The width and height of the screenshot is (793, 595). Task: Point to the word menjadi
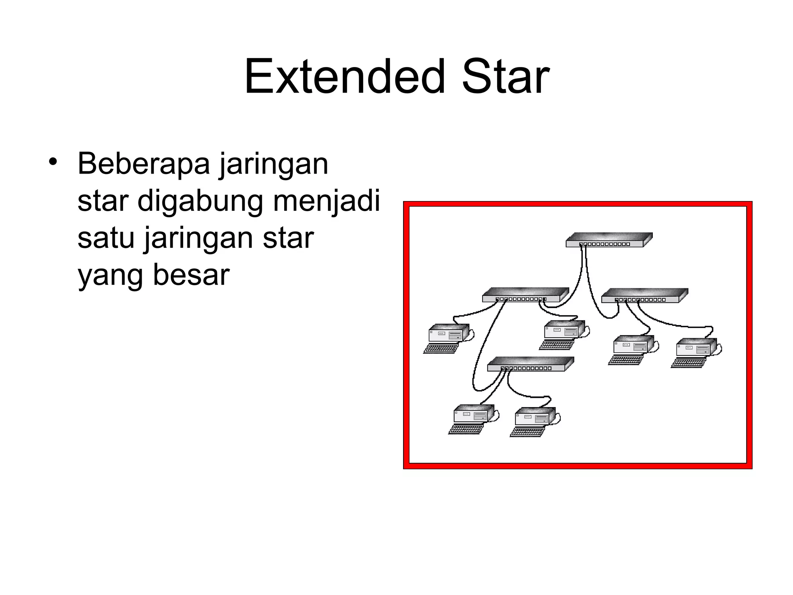click(327, 201)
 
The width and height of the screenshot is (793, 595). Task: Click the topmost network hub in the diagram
click(609, 240)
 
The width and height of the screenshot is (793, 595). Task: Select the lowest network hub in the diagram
click(530, 364)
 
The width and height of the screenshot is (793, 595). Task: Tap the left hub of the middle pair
click(525, 295)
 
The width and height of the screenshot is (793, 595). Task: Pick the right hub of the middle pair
click(644, 296)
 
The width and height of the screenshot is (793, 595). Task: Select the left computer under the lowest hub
click(474, 413)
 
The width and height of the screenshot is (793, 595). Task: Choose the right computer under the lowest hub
click(535, 416)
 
